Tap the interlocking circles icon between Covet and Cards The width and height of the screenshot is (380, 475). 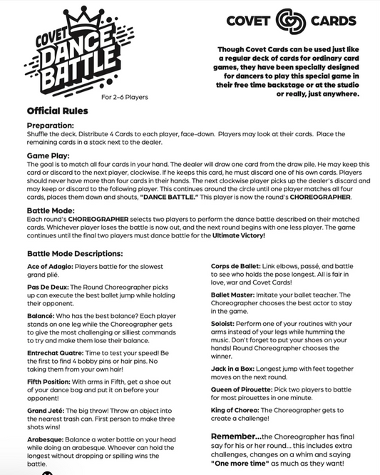point(290,22)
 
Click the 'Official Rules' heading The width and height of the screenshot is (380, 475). point(58,111)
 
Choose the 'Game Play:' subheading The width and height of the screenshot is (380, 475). point(49,153)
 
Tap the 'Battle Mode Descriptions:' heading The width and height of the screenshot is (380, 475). point(75,253)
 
